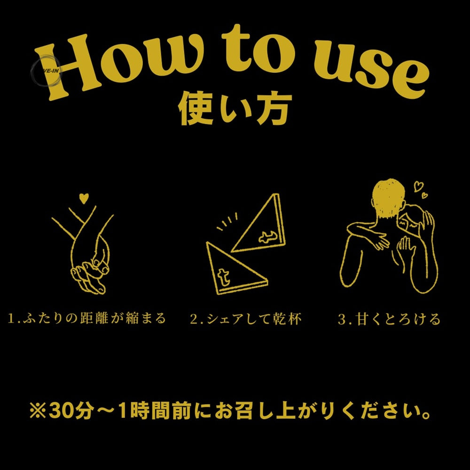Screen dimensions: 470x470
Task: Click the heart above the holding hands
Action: coord(84,198)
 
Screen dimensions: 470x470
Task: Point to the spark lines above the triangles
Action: coord(227,222)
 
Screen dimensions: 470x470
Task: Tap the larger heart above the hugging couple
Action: coord(418,186)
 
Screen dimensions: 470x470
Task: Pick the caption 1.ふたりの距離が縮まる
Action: coord(87,319)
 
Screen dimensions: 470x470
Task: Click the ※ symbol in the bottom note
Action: coord(38,411)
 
